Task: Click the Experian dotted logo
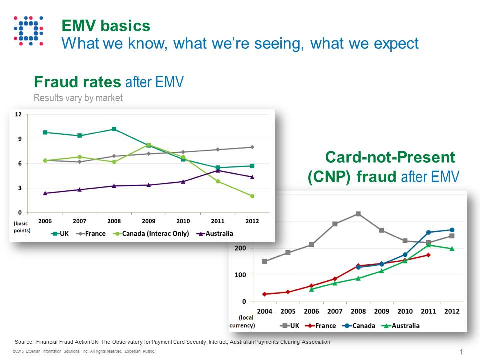(x=28, y=31)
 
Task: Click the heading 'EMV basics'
(x=105, y=26)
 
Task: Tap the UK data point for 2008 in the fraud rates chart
(x=114, y=129)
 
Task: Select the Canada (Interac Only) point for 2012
(x=252, y=196)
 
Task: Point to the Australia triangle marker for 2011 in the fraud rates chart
(x=218, y=171)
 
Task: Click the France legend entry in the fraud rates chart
(x=93, y=233)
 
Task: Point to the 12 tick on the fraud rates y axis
(x=18, y=115)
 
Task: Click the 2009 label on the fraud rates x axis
(x=149, y=220)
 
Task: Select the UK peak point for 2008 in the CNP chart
(x=358, y=214)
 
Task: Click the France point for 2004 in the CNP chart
(x=264, y=294)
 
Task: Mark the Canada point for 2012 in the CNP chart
(x=452, y=230)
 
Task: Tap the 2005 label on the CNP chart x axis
(x=288, y=311)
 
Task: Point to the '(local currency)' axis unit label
(x=242, y=321)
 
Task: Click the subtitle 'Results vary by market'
(x=78, y=98)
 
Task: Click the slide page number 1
(x=460, y=352)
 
